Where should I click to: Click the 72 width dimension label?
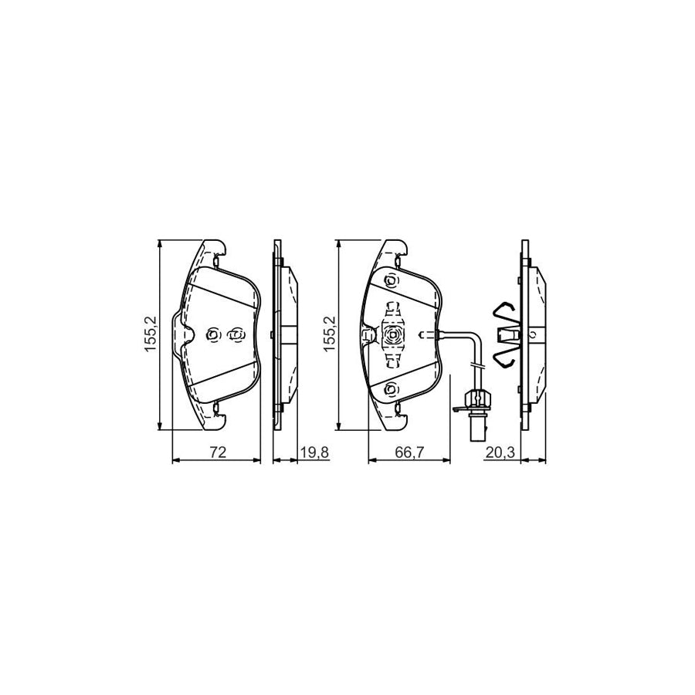click(x=217, y=453)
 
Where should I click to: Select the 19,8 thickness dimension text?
click(x=315, y=453)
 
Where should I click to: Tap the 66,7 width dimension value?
click(x=409, y=453)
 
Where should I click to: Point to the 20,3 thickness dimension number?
click(x=500, y=453)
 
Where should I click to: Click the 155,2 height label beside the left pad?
click(x=151, y=334)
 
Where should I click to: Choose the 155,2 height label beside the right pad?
click(x=331, y=334)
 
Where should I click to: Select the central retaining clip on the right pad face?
click(x=393, y=334)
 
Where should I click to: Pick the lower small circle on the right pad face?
click(x=392, y=388)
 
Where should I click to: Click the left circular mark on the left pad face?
click(x=214, y=334)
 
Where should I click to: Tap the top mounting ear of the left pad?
click(x=212, y=249)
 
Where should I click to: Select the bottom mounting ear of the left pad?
click(x=212, y=420)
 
